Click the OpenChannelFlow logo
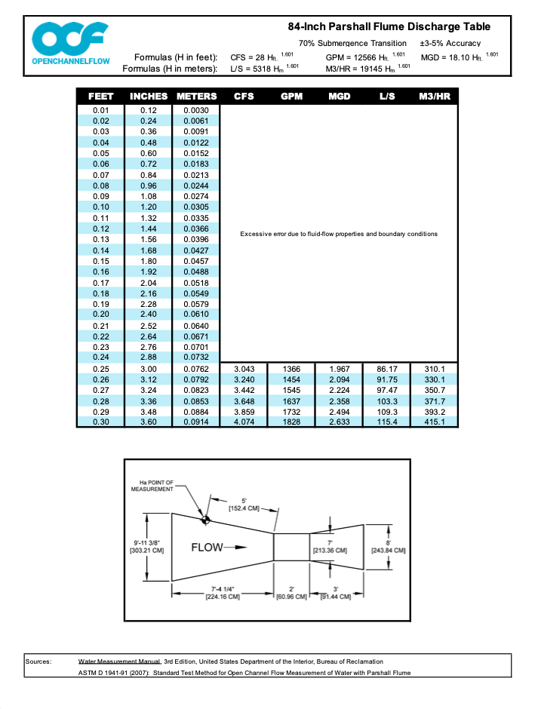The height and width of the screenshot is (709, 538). pyautogui.click(x=70, y=45)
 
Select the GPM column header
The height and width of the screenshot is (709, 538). pyautogui.click(x=291, y=97)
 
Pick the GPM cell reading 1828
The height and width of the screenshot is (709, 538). pyautogui.click(x=291, y=422)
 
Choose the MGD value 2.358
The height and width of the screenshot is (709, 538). pyautogui.click(x=339, y=401)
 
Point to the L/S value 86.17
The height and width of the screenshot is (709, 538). pyautogui.click(x=386, y=369)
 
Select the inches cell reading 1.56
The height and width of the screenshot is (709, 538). pyautogui.click(x=149, y=239)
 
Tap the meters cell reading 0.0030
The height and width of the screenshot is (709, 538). pyautogui.click(x=195, y=110)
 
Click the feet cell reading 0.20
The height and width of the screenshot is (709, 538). pyautogui.click(x=101, y=314)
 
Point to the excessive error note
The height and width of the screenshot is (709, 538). pyautogui.click(x=338, y=234)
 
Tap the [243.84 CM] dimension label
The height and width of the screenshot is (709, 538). pyautogui.click(x=389, y=550)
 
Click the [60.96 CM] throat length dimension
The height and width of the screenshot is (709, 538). pyautogui.click(x=291, y=597)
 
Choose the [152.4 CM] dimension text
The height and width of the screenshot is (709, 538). pyautogui.click(x=243, y=508)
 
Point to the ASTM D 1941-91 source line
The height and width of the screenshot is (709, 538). pyautogui.click(x=245, y=673)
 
